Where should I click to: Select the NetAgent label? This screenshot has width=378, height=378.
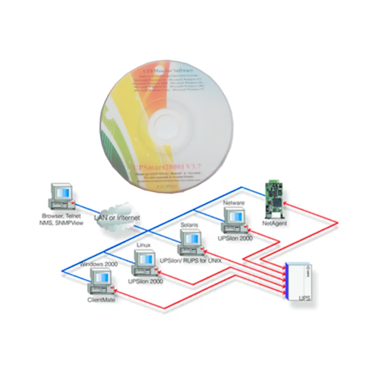pyautogui.click(x=274, y=222)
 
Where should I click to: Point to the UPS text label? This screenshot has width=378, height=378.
pyautogui.click(x=305, y=299)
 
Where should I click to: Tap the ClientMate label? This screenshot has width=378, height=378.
pyautogui.click(x=102, y=300)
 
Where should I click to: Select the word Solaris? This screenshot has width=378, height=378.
pyautogui.click(x=189, y=226)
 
